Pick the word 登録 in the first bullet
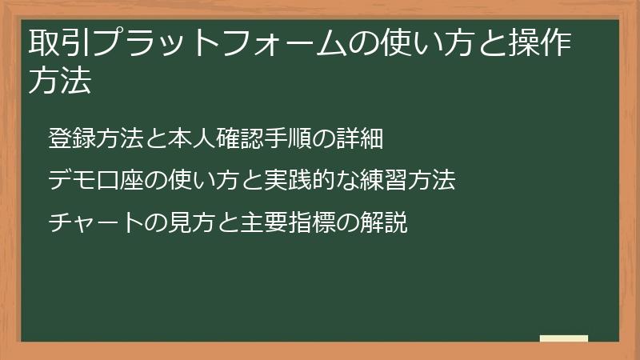click(x=68, y=138)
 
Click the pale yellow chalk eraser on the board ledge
click(x=563, y=338)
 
